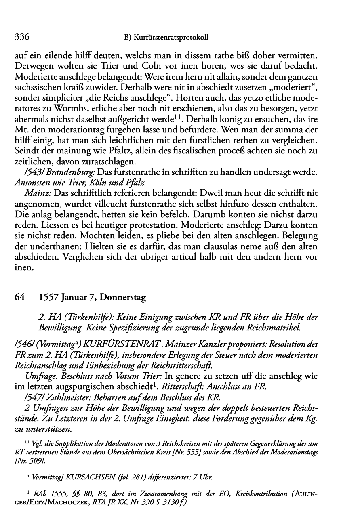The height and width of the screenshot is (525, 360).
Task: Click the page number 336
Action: click(22, 37)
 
